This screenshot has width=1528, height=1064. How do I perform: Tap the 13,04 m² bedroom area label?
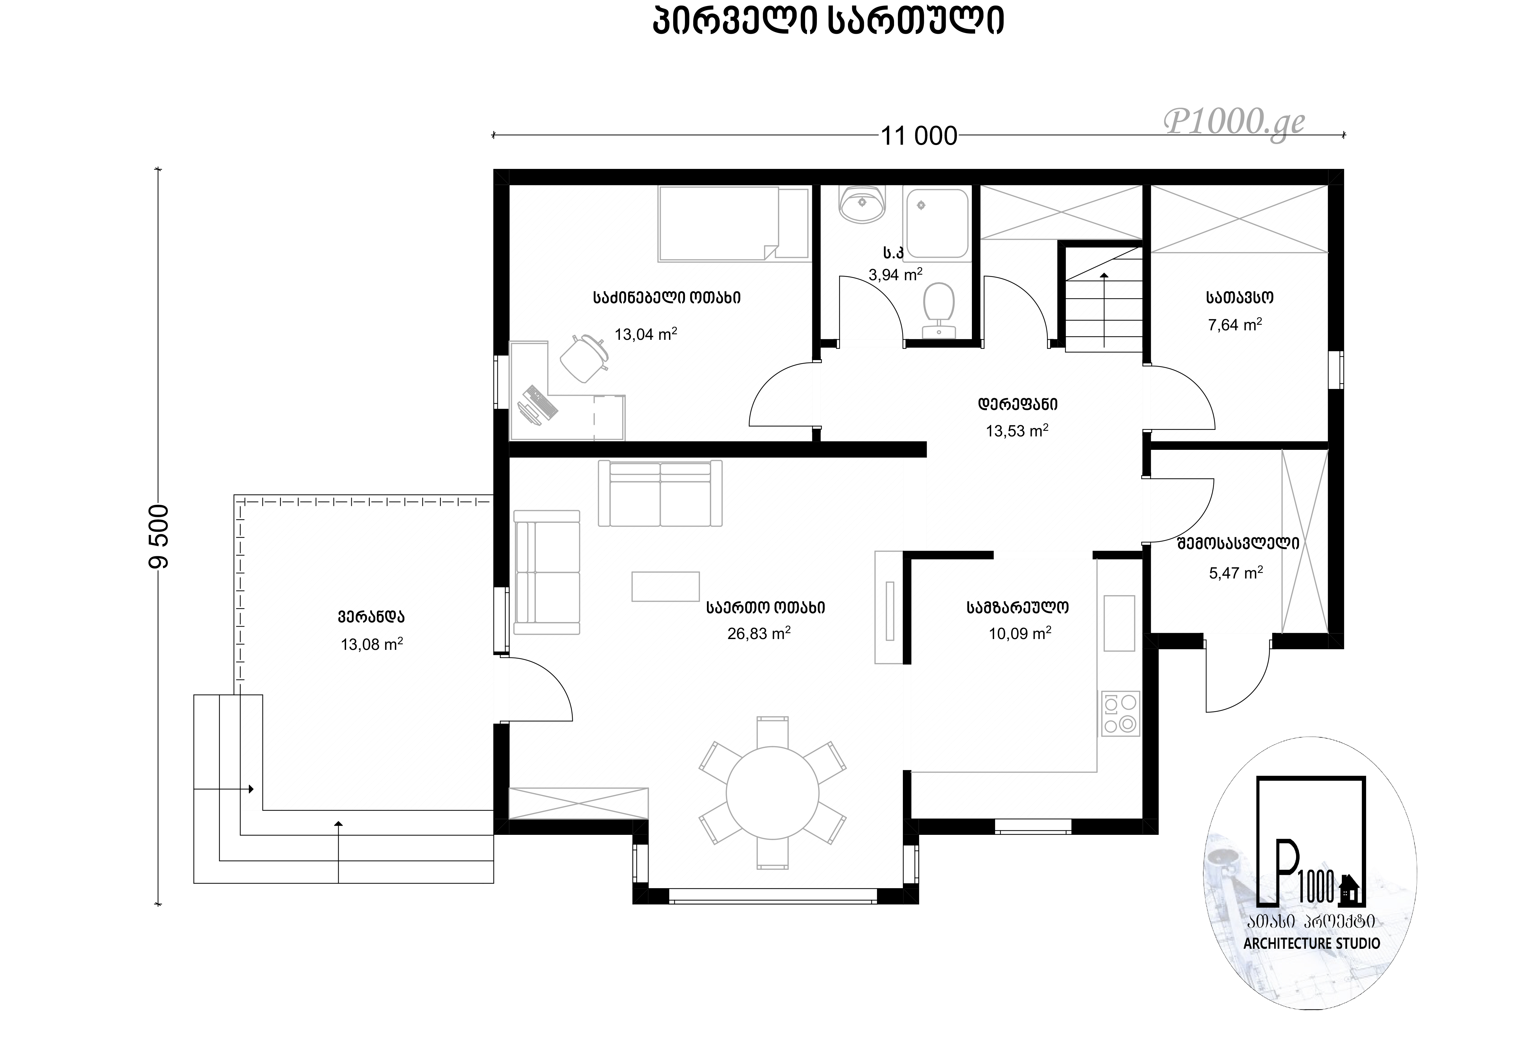click(645, 334)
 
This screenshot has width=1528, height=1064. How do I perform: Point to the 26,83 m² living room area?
click(759, 633)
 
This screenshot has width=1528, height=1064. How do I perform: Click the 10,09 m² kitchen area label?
click(1020, 633)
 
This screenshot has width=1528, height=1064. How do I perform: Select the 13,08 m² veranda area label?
click(371, 644)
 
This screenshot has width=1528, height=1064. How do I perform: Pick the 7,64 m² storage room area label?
click(1235, 324)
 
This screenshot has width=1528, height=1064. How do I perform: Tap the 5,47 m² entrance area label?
click(1236, 573)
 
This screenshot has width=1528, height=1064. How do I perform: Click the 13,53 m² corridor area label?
click(1017, 431)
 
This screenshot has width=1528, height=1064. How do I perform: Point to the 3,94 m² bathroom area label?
click(895, 274)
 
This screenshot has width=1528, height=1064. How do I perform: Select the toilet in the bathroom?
click(939, 310)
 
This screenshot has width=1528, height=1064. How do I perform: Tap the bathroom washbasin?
click(863, 203)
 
